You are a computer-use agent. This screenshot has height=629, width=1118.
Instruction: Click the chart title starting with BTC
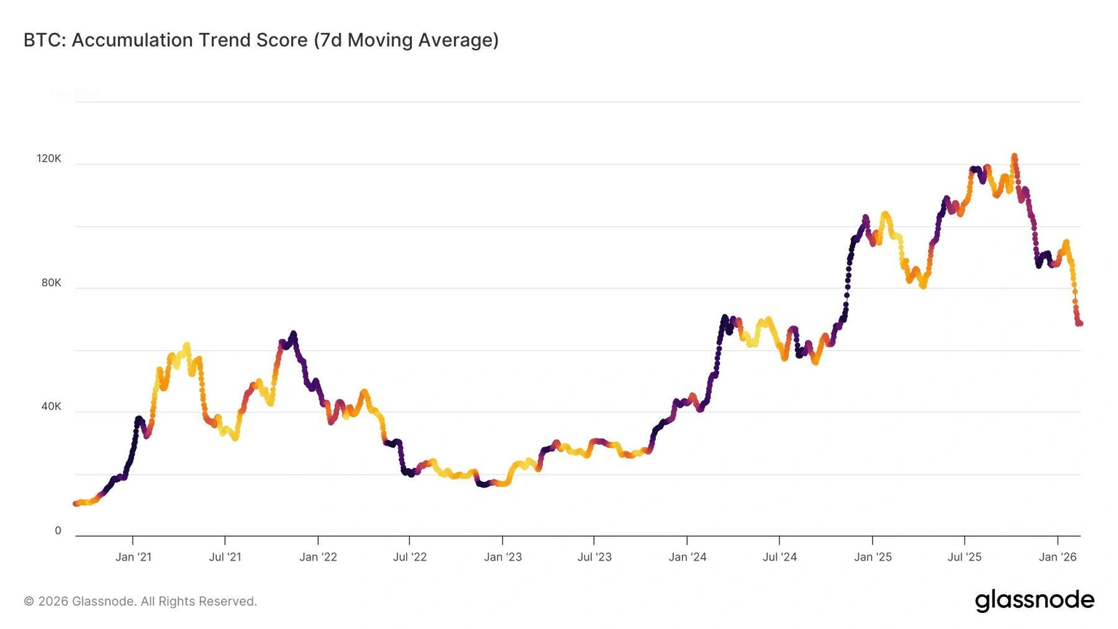point(261,40)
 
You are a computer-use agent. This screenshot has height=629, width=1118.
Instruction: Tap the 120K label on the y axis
point(49,159)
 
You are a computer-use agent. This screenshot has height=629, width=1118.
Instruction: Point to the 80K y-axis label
point(52,282)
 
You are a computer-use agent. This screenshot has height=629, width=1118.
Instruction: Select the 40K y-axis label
point(52,406)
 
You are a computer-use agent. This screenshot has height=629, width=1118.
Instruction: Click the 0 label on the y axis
point(58,531)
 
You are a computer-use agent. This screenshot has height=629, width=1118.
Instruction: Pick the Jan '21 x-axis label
point(133,557)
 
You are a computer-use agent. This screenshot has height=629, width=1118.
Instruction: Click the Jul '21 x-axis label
point(225,557)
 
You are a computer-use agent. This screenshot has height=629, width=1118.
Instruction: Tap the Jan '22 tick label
point(318,557)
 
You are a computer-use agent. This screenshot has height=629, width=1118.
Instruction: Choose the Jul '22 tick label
point(410,557)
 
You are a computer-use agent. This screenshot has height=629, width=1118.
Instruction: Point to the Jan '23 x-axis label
point(503,557)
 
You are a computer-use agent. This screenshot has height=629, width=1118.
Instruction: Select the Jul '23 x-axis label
point(595,557)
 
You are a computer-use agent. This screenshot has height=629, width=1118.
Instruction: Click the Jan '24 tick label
point(688,557)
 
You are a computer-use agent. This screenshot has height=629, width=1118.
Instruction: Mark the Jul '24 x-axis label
point(780,557)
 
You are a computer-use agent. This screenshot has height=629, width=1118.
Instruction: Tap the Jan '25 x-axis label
point(873,557)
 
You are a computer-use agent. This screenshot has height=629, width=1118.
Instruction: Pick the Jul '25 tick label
point(964,557)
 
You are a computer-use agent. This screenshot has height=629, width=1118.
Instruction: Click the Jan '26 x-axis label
point(1058,557)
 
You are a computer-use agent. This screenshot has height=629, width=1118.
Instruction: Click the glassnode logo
point(1034,601)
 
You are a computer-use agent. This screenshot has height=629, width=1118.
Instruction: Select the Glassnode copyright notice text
point(140,601)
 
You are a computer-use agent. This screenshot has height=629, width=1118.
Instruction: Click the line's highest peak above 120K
point(1014,156)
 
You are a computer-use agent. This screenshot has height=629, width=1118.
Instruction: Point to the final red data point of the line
point(1080,323)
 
